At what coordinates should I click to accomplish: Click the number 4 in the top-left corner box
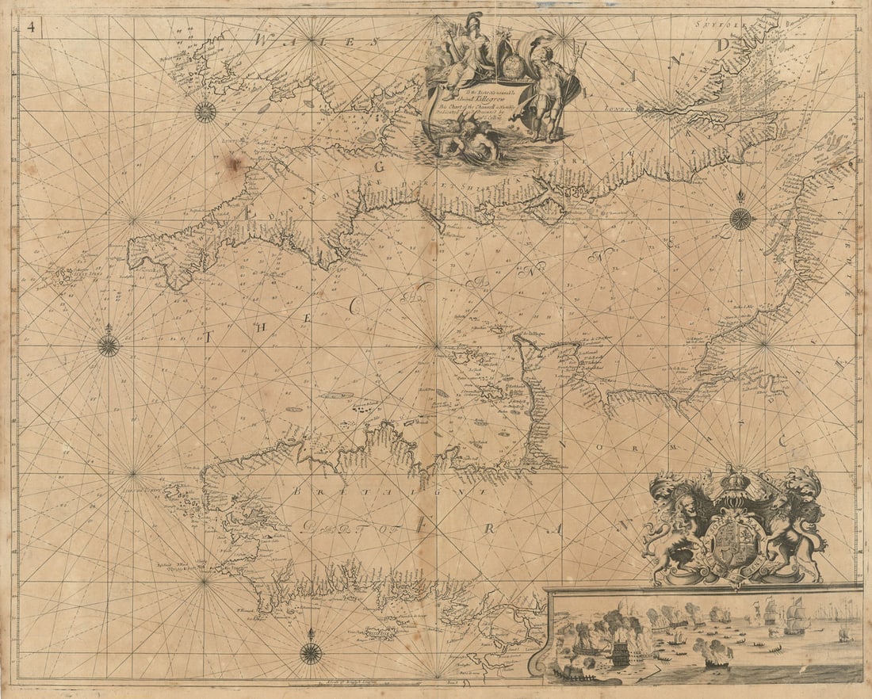coord(30,25)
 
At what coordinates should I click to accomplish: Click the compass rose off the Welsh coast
coord(205,112)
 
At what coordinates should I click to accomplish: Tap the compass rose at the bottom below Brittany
coord(311,652)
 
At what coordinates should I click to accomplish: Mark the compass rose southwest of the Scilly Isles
coord(109,345)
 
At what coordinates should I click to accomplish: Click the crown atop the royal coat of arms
coord(736,481)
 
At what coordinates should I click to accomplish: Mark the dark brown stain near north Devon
coord(234,162)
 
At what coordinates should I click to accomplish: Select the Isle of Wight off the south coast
coord(547,210)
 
